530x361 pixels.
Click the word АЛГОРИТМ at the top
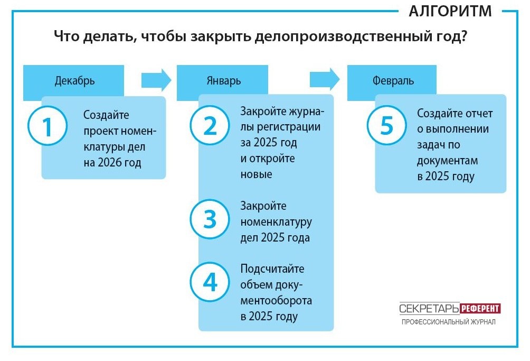pos(450,12)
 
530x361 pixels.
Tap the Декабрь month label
pos(75,81)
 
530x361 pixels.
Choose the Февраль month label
pos(392,81)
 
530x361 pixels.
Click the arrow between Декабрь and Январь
pos(156,80)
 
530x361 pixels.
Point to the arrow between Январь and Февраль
pos(324,80)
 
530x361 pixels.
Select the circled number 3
pos(211,220)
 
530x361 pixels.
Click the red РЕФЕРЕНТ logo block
pos(480,309)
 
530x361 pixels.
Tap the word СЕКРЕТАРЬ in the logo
pos(429,309)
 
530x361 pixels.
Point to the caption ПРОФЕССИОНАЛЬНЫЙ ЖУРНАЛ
pos(448,322)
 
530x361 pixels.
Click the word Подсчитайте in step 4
pos(272,269)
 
